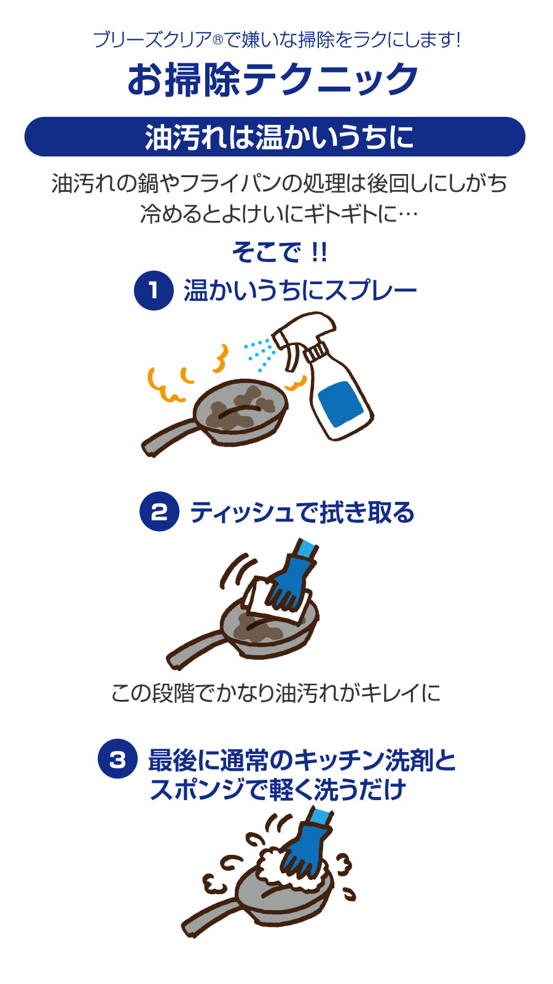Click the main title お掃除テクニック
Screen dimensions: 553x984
coord(273,79)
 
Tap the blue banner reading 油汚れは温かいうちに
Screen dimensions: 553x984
coord(275,137)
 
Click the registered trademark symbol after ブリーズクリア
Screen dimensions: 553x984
coord(218,41)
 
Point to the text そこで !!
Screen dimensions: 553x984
coord(279,252)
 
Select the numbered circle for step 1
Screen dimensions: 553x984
coord(153,290)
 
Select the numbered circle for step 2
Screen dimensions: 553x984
coord(159,511)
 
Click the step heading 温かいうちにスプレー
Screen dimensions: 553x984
coord(300,290)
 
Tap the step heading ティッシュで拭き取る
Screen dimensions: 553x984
coord(302,512)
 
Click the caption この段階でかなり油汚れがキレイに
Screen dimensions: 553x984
coord(276,693)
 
